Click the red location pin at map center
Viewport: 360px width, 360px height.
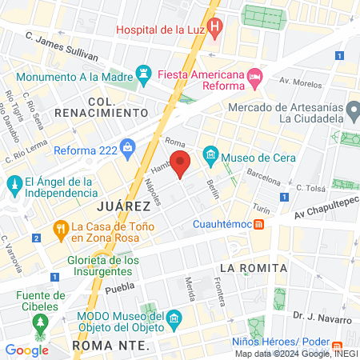click(181, 163)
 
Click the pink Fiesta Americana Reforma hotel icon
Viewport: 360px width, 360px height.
click(255, 77)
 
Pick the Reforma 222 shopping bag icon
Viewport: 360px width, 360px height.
click(129, 150)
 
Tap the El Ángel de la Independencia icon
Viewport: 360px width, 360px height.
click(15, 186)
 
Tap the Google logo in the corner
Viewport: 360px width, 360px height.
click(26, 350)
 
